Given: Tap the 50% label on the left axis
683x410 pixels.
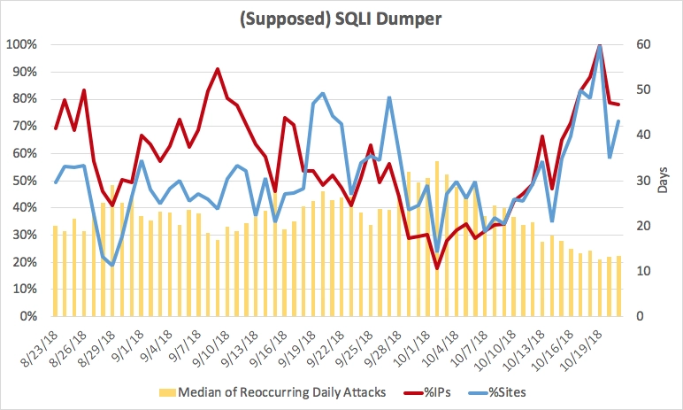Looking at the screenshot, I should tap(22, 181).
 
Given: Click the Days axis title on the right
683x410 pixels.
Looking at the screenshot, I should tap(664, 181).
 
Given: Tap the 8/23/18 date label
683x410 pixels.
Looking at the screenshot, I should tap(39, 345).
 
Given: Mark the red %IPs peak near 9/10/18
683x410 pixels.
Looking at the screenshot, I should tap(218, 69).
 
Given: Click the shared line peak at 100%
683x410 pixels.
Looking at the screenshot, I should tap(600, 45).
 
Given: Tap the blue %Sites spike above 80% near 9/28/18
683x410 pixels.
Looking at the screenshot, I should tap(390, 97).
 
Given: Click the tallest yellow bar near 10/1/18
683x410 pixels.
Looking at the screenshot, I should tap(437, 239).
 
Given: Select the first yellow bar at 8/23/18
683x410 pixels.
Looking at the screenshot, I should tap(56, 270).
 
